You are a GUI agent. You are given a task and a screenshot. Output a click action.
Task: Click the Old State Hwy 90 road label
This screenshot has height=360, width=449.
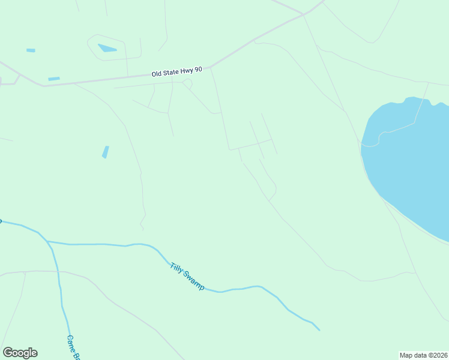point(177,72)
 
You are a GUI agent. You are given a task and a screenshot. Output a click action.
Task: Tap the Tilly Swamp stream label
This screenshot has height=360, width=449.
point(187,277)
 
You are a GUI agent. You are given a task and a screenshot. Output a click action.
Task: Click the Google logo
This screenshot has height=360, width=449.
point(20,353)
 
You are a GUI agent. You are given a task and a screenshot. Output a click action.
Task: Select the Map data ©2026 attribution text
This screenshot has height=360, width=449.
point(423,355)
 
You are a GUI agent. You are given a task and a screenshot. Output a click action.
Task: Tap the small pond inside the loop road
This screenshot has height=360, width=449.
point(107,48)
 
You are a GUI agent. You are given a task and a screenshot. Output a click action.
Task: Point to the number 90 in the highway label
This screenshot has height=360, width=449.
point(198,70)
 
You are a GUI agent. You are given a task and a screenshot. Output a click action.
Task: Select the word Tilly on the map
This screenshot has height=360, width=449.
point(176,268)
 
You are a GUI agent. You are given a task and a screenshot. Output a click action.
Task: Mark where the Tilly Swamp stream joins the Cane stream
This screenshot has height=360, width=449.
point(47,241)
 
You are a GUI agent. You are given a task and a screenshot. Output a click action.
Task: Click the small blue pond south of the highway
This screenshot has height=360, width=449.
point(106,152)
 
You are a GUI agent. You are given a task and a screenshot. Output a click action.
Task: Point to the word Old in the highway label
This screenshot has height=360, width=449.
point(157,74)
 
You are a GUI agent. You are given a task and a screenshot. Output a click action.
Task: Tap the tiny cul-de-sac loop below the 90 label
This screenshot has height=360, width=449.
point(187,83)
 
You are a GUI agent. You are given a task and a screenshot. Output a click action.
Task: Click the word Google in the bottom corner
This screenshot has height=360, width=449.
point(20,353)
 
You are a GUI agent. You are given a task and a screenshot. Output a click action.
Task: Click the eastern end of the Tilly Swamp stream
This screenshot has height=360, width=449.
point(319,329)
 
